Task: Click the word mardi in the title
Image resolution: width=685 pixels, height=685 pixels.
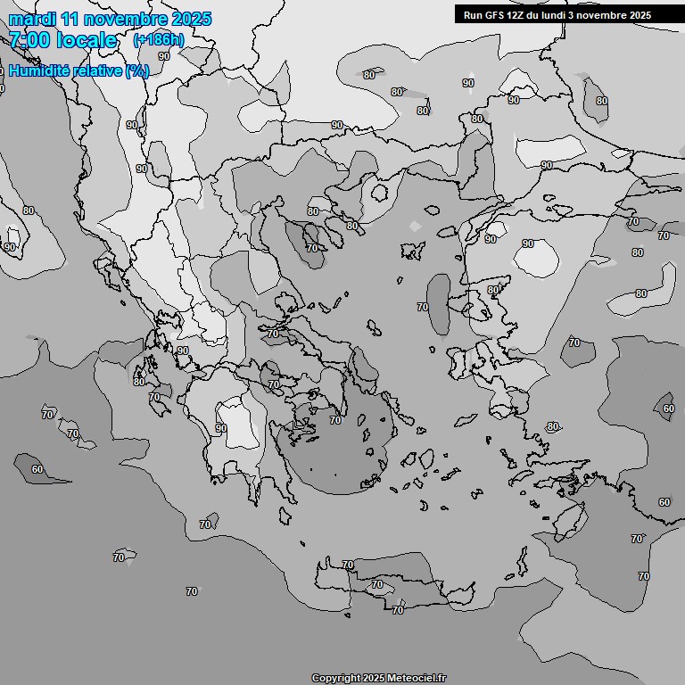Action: [x=32, y=19]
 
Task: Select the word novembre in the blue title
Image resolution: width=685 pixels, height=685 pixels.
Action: [x=128, y=19]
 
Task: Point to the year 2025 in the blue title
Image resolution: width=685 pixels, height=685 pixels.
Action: [x=192, y=19]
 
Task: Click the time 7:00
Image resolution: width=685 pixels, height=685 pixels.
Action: [x=29, y=40]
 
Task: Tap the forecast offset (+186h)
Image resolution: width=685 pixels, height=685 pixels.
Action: [x=159, y=40]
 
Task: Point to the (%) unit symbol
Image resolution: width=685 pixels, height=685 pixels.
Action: [x=137, y=70]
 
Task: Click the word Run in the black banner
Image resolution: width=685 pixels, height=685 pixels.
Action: [x=474, y=15]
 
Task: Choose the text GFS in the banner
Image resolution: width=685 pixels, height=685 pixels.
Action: [x=496, y=15]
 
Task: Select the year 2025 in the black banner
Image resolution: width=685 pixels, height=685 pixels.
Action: [x=640, y=15]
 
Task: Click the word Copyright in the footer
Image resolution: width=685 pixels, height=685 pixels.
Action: [x=335, y=679]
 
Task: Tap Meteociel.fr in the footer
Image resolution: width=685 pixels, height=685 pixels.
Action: [x=417, y=679]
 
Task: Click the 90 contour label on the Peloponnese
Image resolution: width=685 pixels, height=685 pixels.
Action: [x=220, y=428]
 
